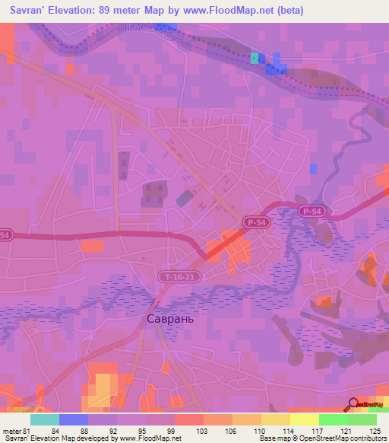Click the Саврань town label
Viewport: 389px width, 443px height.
(x=170, y=319)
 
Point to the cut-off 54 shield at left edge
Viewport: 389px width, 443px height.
(x=5, y=236)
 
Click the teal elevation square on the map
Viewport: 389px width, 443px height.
(x=254, y=58)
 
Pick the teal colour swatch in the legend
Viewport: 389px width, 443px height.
(x=44, y=420)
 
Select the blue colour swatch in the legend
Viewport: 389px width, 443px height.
(x=73, y=420)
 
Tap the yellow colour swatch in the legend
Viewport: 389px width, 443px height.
(x=275, y=420)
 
